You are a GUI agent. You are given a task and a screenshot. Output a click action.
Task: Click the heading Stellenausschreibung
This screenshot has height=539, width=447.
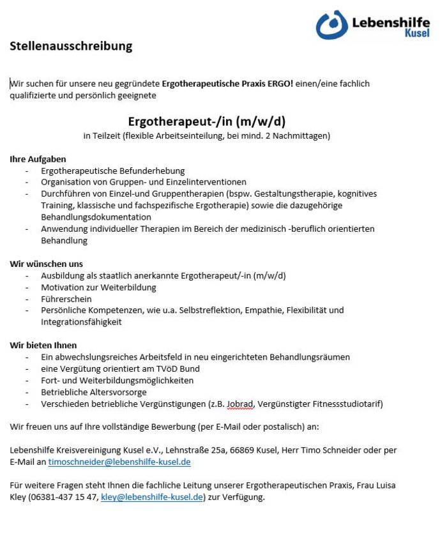[71, 46]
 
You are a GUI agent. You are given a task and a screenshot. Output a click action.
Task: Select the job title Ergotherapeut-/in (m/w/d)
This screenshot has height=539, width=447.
[206, 121]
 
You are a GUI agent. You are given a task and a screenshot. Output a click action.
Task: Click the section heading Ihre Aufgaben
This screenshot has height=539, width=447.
[38, 159]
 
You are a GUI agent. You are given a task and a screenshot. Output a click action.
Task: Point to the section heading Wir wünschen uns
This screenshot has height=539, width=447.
[46, 264]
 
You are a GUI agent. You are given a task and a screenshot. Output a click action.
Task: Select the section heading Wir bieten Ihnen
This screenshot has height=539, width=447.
[43, 345]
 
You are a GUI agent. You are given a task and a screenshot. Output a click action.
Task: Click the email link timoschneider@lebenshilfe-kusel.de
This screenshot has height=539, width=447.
[119, 462]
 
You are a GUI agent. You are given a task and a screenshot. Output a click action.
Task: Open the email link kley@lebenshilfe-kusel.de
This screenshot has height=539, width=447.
[152, 497]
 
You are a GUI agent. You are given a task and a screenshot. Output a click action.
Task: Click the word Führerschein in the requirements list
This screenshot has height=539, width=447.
[66, 299]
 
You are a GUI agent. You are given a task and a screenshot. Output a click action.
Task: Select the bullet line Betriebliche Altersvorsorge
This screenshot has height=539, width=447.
[94, 392]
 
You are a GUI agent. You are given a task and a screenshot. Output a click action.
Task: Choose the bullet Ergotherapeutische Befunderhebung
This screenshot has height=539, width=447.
[112, 171]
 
